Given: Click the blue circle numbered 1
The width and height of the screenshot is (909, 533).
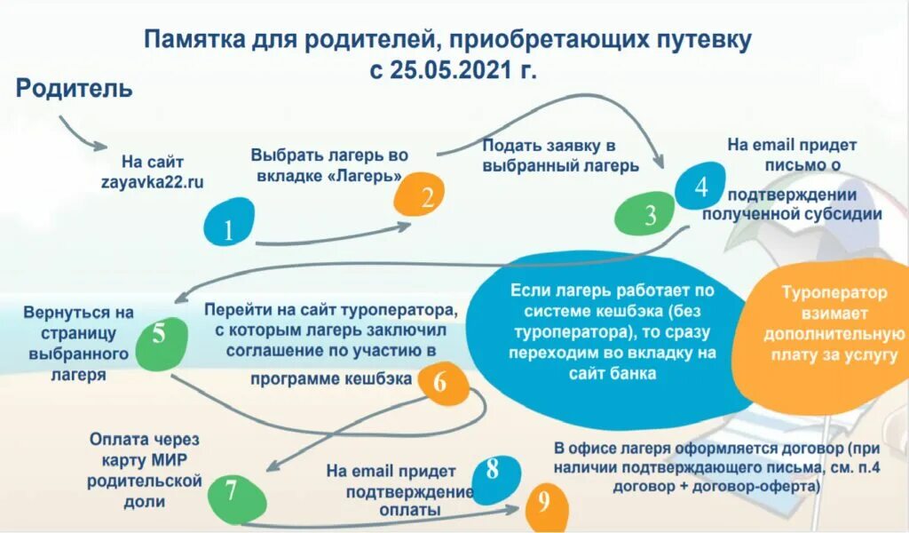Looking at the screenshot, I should tap(228, 223).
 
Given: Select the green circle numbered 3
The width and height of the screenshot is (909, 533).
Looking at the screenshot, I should tap(650, 215).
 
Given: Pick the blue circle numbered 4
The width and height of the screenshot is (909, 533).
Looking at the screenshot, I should tap(701, 187).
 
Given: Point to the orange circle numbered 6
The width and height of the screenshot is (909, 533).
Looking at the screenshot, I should tap(440, 384).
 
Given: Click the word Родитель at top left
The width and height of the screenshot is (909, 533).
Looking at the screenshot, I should tap(75, 89).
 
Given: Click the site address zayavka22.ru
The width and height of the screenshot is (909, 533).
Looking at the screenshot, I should tap(152, 182).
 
